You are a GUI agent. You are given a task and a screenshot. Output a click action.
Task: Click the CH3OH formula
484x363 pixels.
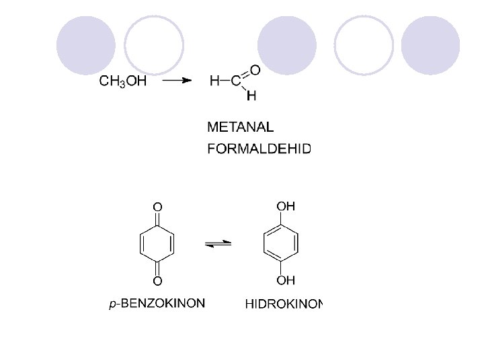pyautogui.click(x=123, y=81)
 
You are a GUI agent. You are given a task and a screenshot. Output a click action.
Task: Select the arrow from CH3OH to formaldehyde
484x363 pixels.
pyautogui.click(x=177, y=81)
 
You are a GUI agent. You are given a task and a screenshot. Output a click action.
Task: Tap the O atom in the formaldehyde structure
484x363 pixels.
pyautogui.click(x=255, y=69)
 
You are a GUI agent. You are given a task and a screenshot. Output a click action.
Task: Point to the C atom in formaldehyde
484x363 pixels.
pyautogui.click(x=236, y=81)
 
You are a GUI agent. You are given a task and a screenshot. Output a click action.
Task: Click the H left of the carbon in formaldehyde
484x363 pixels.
pyautogui.click(x=214, y=81)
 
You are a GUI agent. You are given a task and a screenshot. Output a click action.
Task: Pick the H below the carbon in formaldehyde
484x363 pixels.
pyautogui.click(x=251, y=95)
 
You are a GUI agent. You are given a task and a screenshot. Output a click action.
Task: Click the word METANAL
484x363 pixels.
pyautogui.click(x=241, y=126)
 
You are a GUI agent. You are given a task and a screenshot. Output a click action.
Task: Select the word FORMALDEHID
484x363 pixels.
pyautogui.click(x=259, y=149)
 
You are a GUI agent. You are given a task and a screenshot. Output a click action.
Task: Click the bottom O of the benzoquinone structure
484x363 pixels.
pyautogui.click(x=157, y=280)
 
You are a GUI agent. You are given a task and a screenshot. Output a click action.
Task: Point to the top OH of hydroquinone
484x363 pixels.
pyautogui.click(x=286, y=206)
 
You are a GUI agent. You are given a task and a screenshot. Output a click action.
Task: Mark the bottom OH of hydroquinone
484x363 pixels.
pyautogui.click(x=286, y=280)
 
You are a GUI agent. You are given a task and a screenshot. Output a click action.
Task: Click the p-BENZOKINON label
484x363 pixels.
pyautogui.click(x=157, y=304)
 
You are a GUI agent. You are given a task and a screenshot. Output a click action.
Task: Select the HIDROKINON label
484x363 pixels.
pyautogui.click(x=284, y=305)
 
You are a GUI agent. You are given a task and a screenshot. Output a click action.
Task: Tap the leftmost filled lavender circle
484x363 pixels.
pyautogui.click(x=85, y=45)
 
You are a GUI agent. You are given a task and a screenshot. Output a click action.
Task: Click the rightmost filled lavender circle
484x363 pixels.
pyautogui.click(x=430, y=45)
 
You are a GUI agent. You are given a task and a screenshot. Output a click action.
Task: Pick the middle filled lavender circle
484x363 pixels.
pyautogui.click(x=287, y=45)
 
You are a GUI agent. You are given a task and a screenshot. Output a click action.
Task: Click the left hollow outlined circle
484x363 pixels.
pyautogui.click(x=154, y=45)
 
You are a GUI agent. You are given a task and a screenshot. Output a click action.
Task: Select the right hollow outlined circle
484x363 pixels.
pyautogui.click(x=364, y=45)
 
